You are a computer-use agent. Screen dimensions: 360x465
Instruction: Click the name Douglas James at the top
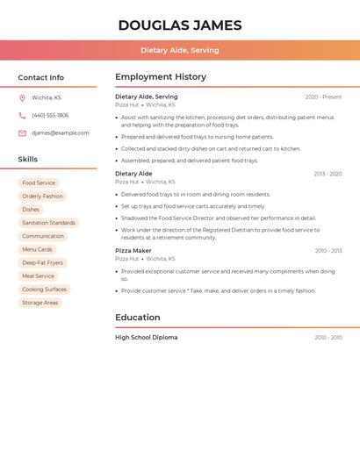coord(180,25)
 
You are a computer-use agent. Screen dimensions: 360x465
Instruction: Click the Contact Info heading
coord(41,77)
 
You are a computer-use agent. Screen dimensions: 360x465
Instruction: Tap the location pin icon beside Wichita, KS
coord(22,97)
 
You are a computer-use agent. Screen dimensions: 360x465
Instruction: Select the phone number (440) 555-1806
coord(50,115)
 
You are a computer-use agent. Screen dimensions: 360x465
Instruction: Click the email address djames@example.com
coord(61,132)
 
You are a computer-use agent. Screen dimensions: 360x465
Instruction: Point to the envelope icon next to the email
coord(22,132)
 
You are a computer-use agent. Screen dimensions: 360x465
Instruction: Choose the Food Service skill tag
coord(39,183)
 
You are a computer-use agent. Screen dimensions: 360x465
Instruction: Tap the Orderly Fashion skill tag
coord(42,197)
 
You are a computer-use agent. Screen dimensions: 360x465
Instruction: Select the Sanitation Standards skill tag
coord(48,223)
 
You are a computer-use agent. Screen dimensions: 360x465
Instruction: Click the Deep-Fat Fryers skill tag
coord(42,262)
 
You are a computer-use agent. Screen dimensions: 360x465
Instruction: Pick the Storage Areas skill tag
coord(40,303)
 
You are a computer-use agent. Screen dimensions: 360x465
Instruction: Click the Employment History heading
coord(161,77)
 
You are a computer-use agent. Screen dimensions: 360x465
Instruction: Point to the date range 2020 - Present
coord(323,97)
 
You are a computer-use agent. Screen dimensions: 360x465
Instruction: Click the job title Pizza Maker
coord(133,250)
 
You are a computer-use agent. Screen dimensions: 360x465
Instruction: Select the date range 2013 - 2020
coord(328,174)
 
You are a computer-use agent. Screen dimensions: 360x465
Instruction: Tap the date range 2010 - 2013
coord(328,251)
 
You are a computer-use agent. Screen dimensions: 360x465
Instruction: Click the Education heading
coord(138,318)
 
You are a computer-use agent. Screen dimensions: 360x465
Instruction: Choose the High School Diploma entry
coord(146,337)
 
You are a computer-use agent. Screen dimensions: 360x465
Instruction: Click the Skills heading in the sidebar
coord(28,160)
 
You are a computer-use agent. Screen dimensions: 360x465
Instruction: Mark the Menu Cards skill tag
coord(37,249)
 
